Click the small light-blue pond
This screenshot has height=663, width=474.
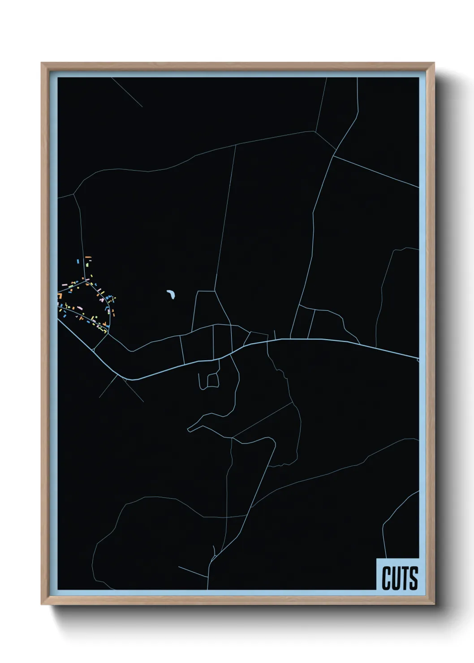pyautogui.click(x=171, y=294)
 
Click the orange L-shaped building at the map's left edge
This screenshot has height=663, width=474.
pyautogui.click(x=59, y=296)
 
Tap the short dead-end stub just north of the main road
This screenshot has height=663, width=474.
pyautogui.click(x=275, y=334)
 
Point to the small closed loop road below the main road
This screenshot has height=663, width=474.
pyautogui.click(x=213, y=380)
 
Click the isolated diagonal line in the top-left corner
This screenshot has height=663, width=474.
pyautogui.click(x=127, y=92)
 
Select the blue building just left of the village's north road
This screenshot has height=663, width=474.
pyautogui.click(x=78, y=261)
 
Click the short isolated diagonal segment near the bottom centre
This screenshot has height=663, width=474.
pyautogui.click(x=193, y=572)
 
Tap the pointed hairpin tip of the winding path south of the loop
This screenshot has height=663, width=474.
pyautogui.click(x=189, y=430)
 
